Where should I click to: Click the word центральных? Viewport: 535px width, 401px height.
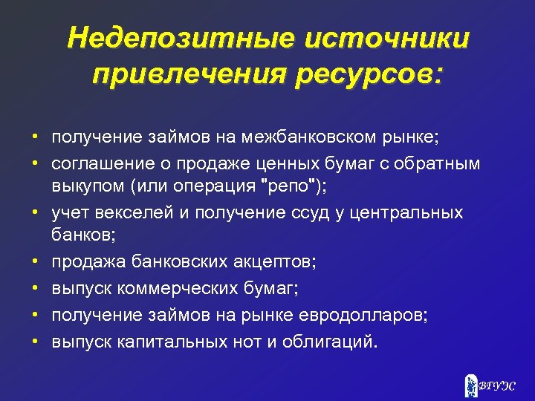[406, 213]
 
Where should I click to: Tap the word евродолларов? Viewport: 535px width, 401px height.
[366, 316]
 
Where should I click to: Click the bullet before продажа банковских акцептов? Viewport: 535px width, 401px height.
[34, 261]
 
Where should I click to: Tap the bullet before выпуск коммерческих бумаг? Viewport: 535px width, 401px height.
[34, 287]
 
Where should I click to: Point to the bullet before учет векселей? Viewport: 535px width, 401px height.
[34, 213]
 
